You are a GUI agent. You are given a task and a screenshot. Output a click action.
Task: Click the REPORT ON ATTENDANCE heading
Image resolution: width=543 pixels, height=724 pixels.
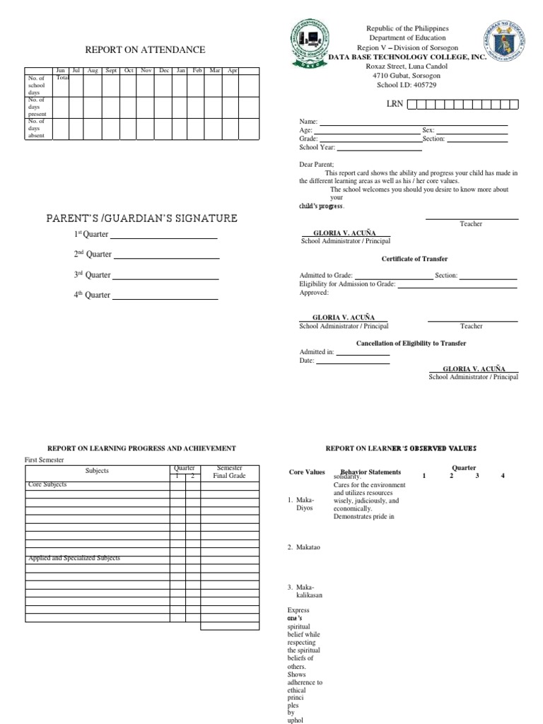(x=145, y=49)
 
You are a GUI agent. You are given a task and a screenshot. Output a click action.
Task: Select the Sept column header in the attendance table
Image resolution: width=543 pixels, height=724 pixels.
(x=111, y=71)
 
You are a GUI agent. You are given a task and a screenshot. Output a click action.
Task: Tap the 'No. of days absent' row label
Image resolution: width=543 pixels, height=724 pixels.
(x=36, y=128)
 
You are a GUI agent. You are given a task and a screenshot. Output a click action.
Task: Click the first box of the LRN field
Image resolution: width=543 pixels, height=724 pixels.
(x=412, y=105)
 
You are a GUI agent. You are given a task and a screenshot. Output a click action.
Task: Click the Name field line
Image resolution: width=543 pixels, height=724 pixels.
(x=414, y=124)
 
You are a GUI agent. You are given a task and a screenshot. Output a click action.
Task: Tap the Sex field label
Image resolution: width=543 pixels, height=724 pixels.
(x=428, y=131)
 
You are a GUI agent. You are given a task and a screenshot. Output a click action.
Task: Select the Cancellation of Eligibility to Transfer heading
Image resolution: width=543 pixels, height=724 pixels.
(x=411, y=344)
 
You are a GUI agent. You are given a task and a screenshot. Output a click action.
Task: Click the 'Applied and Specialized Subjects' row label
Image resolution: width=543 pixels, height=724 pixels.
(x=74, y=558)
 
